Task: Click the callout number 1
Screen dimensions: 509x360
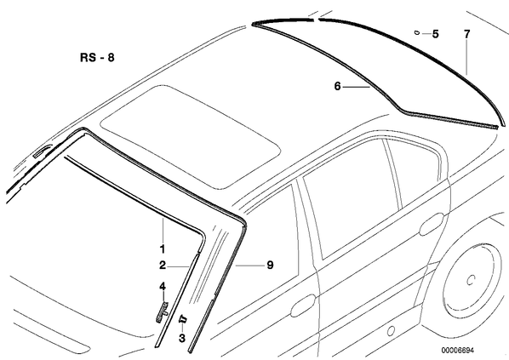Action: tap(163, 249)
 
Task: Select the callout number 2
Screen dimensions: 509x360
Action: tap(163, 266)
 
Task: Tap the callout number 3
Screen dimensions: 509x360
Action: tap(182, 338)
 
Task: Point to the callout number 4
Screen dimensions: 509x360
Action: tap(163, 286)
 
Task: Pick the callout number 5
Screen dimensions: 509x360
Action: tap(435, 34)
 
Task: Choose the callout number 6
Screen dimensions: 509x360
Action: tap(338, 86)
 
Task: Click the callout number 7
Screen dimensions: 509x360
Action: tap(466, 34)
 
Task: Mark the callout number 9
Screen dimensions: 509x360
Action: tap(270, 266)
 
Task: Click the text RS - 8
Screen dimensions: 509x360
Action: tap(97, 58)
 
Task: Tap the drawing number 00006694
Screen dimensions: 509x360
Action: tap(457, 351)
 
